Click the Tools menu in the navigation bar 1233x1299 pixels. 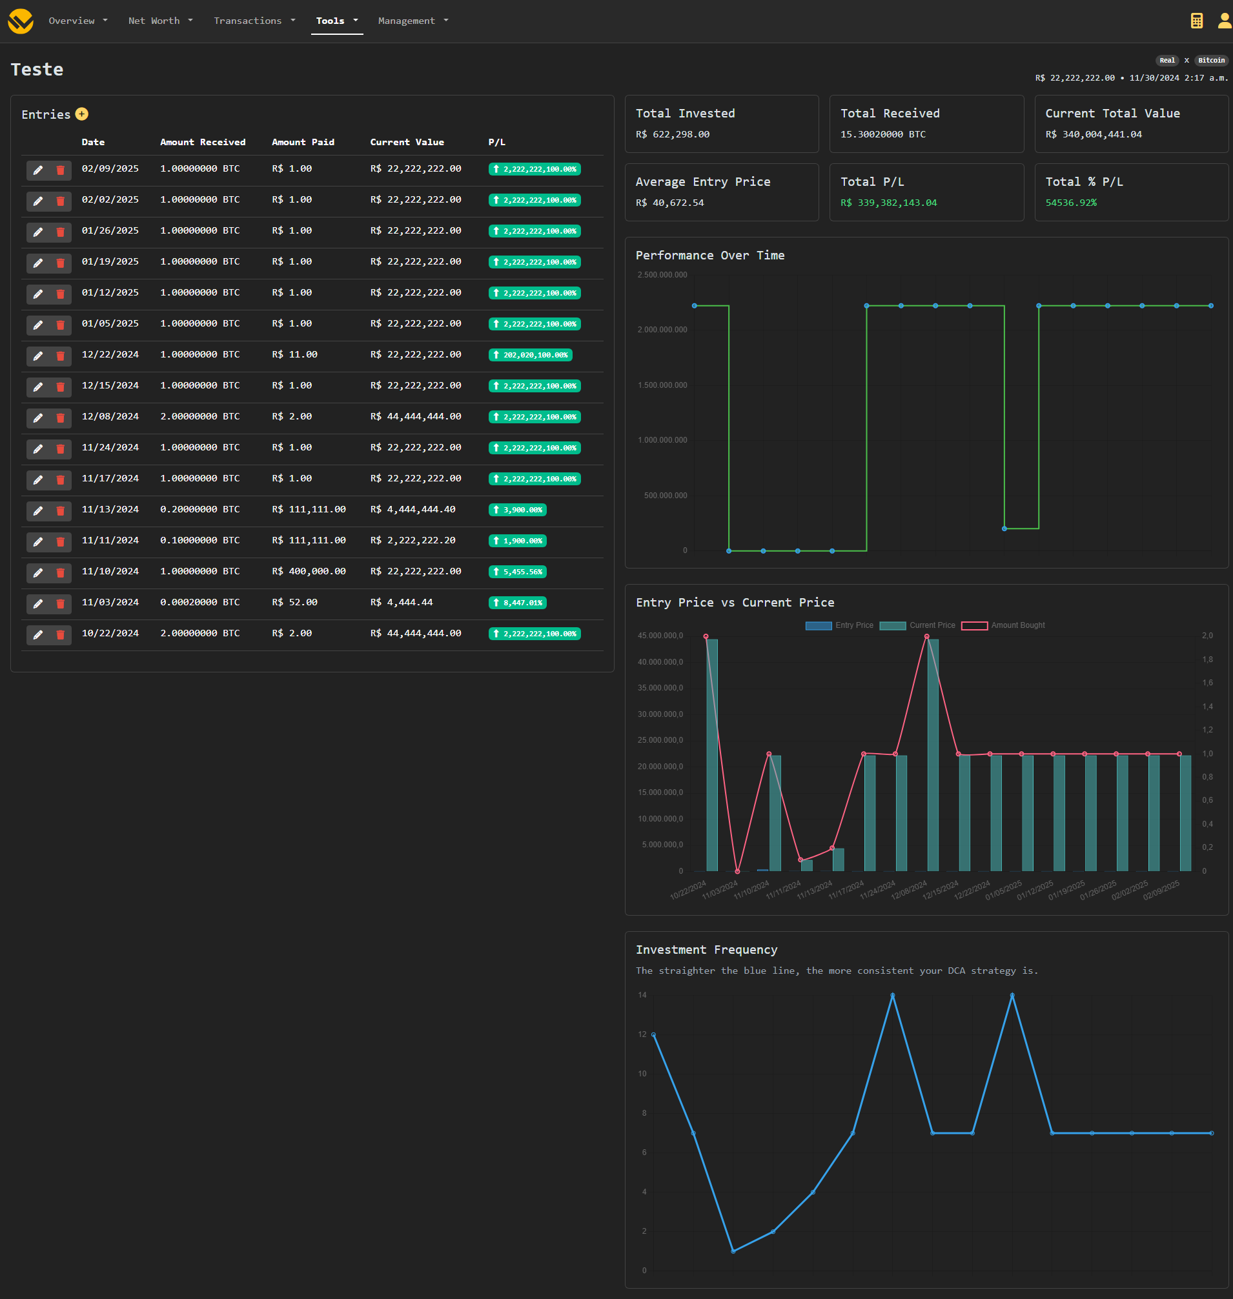336,21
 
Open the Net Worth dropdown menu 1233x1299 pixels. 159,21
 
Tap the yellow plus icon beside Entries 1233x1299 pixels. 81,114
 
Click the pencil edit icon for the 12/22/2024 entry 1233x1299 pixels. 38,356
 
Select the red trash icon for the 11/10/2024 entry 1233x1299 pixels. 61,573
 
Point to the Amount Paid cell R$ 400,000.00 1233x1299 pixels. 309,572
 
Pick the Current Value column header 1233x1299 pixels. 406,142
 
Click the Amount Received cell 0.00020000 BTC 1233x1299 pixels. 200,603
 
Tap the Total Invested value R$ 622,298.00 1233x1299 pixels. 672,135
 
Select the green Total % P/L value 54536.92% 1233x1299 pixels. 1070,203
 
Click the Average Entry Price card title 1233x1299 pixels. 702,182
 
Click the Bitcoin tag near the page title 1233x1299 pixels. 1210,61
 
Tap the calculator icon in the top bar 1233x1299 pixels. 1196,21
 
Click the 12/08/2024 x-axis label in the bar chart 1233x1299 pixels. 909,891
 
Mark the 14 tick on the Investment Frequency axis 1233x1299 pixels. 642,996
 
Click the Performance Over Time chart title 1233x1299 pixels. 709,256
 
